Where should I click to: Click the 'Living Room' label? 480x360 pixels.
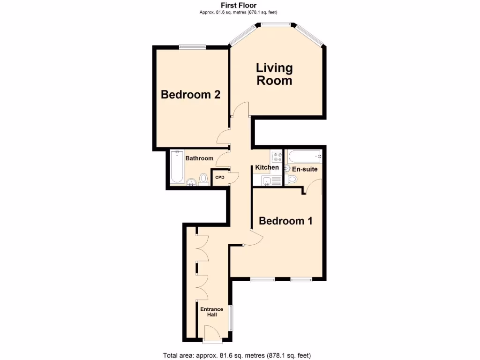pyautogui.click(x=274, y=74)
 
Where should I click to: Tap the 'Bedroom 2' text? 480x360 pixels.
pyautogui.click(x=191, y=95)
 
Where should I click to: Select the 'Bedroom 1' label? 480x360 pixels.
pyautogui.click(x=285, y=221)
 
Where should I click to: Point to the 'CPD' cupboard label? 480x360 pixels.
pyautogui.click(x=219, y=178)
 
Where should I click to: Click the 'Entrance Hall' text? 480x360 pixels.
pyautogui.click(x=211, y=312)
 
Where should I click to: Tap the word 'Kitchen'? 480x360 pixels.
pyautogui.click(x=267, y=167)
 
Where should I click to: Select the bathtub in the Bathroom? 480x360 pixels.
pyautogui.click(x=177, y=166)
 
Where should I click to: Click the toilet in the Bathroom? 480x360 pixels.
pyautogui.click(x=203, y=179)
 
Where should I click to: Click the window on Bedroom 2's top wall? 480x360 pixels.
pyautogui.click(x=192, y=46)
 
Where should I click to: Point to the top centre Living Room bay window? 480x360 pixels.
pyautogui.click(x=275, y=23)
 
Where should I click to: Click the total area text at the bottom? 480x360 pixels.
pyautogui.click(x=237, y=355)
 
